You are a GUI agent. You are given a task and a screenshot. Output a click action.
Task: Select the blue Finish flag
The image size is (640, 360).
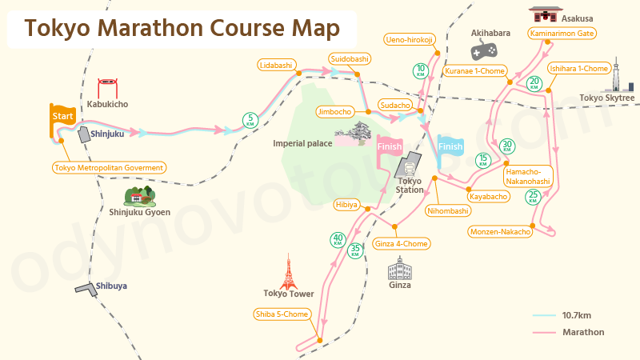click(x=450, y=148)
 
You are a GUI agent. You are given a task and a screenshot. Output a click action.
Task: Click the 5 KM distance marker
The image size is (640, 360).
click(x=250, y=121)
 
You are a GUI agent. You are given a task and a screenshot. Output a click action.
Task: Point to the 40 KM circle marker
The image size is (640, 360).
click(x=338, y=239)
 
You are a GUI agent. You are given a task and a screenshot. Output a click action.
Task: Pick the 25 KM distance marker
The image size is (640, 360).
click(x=533, y=197)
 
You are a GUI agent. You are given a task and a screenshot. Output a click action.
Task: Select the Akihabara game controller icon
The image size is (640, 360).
click(x=482, y=50)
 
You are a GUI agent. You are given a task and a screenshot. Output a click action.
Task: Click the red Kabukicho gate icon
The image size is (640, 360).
click(x=108, y=86)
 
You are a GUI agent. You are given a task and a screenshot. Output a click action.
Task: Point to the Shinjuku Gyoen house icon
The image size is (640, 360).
click(x=138, y=194)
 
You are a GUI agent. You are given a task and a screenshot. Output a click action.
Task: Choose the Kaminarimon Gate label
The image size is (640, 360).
click(x=562, y=34)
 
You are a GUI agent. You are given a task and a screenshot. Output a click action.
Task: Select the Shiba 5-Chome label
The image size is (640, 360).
click(x=282, y=314)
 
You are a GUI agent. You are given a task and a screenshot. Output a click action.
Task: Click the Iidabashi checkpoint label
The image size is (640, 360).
click(x=276, y=64)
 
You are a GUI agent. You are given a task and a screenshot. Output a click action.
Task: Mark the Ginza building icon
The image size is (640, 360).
click(x=398, y=267)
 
